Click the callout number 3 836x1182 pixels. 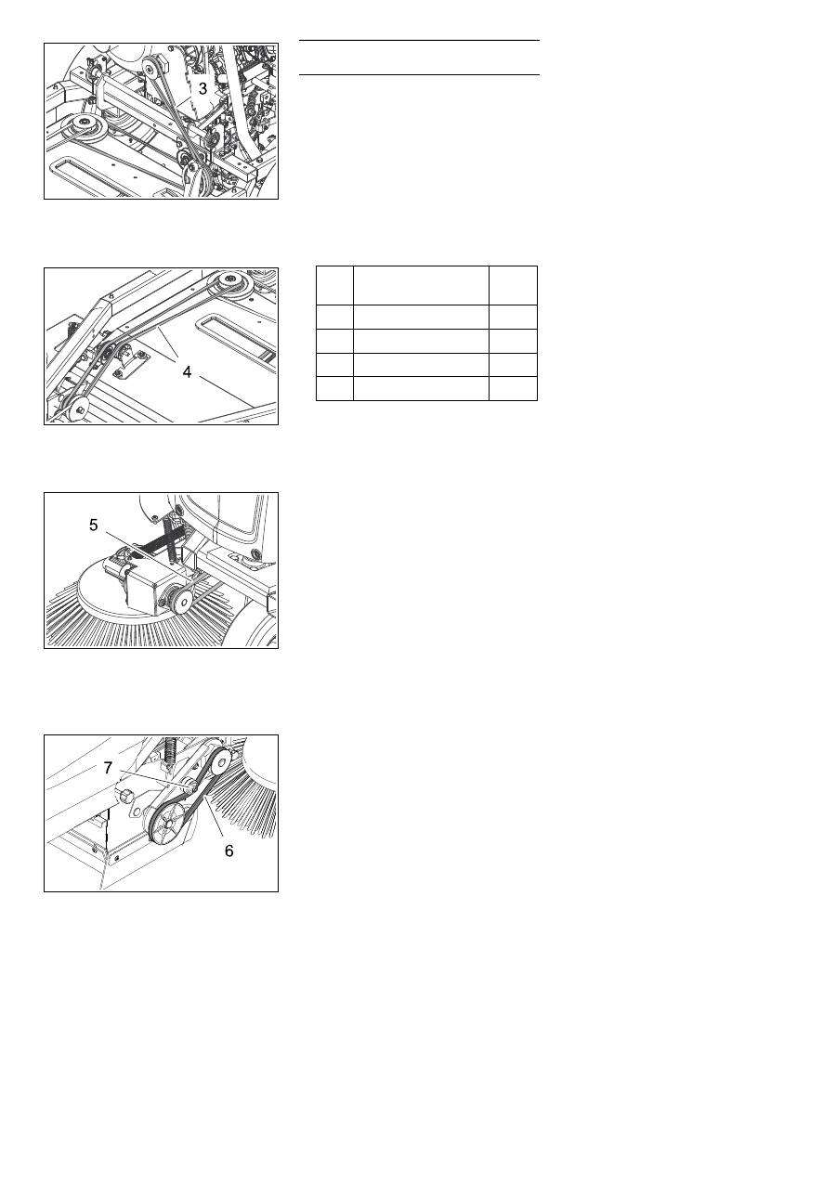click(202, 88)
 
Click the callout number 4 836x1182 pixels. click(187, 372)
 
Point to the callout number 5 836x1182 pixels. click(94, 525)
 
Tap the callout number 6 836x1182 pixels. click(229, 851)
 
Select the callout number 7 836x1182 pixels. click(108, 768)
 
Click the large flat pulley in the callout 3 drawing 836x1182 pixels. click(84, 125)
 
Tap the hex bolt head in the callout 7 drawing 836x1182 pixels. click(125, 797)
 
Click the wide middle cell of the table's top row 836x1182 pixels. click(421, 285)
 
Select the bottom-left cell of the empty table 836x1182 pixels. click(334, 388)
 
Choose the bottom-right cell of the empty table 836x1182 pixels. click(513, 388)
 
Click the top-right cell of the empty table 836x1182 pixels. click(513, 285)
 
